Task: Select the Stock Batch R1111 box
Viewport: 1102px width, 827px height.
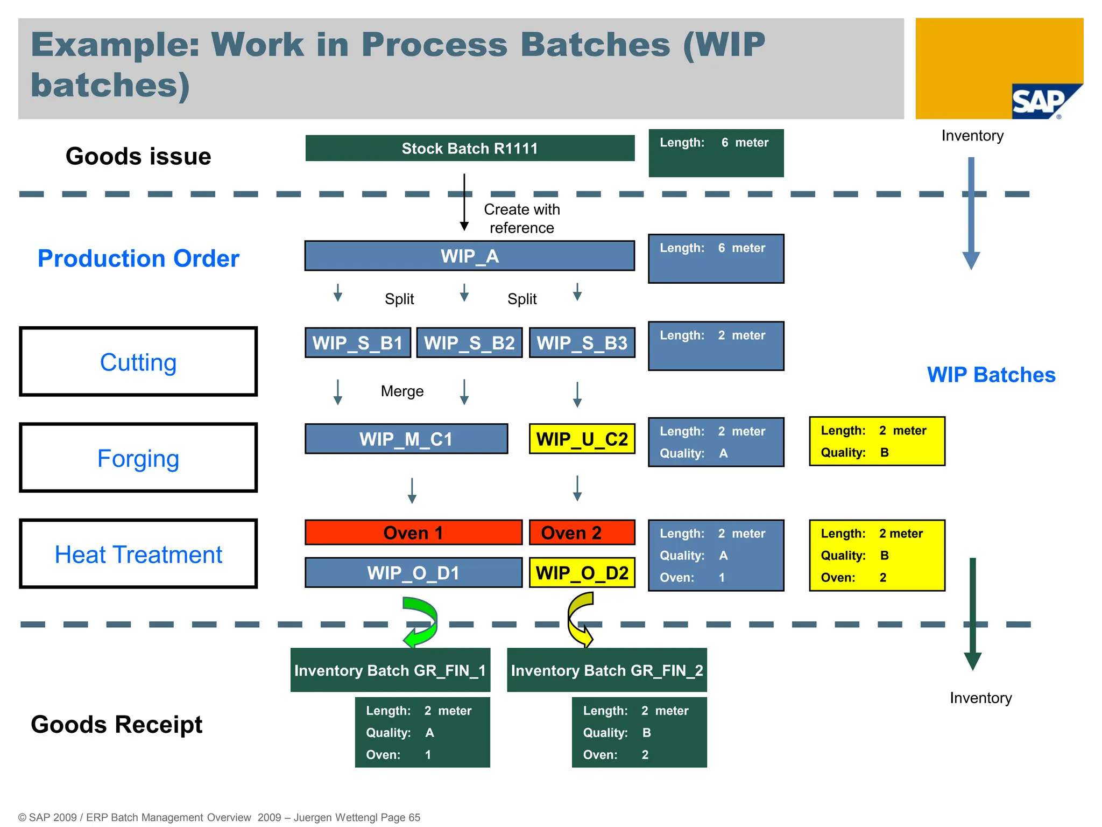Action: (x=470, y=148)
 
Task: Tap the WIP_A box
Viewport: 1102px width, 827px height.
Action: (x=470, y=256)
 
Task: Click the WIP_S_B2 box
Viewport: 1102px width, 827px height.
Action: (x=469, y=343)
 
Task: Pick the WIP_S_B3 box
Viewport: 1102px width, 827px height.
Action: (x=582, y=343)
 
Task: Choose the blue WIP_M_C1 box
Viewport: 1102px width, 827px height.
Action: (x=406, y=439)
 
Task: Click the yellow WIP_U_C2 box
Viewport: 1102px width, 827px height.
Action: (x=582, y=439)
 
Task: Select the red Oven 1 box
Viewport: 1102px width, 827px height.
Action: (x=413, y=532)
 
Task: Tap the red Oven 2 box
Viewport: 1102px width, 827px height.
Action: (x=582, y=532)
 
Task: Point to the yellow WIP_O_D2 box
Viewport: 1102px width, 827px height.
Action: (x=582, y=572)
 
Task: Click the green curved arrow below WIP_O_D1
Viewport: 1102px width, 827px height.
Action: (x=421, y=622)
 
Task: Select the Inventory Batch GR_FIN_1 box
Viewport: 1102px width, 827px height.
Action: (x=390, y=670)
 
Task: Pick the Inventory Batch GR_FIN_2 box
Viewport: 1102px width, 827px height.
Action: (x=607, y=670)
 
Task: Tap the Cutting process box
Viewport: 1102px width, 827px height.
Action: (x=138, y=362)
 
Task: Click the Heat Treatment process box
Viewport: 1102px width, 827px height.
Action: (x=138, y=554)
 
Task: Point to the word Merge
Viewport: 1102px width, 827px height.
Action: (x=402, y=391)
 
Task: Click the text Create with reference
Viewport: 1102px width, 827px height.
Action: (x=521, y=219)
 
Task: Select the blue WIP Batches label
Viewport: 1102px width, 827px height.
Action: (x=991, y=375)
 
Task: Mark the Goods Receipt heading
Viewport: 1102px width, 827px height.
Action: (x=117, y=724)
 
